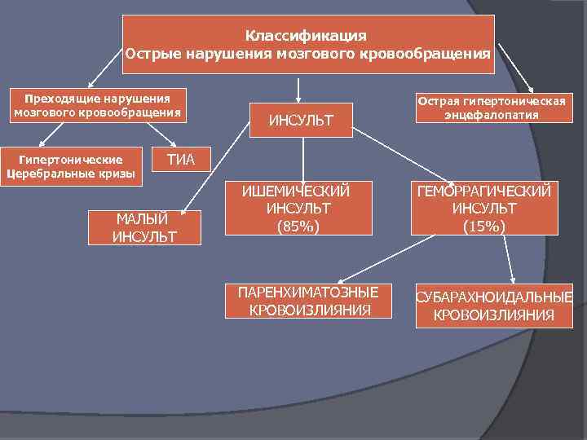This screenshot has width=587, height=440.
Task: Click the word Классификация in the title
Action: pyautogui.click(x=306, y=36)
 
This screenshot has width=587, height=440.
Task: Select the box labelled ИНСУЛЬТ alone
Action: pyautogui.click(x=302, y=121)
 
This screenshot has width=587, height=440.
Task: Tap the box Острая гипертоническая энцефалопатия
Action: pyautogui.click(x=491, y=108)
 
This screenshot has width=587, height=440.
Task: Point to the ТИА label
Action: pyautogui.click(x=181, y=159)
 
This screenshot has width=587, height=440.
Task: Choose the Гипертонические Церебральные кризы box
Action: pyautogui.click(x=71, y=166)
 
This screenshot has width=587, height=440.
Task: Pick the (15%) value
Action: pyautogui.click(x=484, y=226)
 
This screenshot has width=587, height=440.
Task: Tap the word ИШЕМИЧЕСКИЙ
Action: pyautogui.click(x=296, y=191)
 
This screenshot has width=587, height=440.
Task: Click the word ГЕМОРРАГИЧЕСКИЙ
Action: pyautogui.click(x=484, y=191)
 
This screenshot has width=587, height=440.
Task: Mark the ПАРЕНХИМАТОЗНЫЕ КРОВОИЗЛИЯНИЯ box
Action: pyautogui.click(x=308, y=301)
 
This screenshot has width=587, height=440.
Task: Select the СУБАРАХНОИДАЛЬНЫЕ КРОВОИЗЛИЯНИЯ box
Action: pyautogui.click(x=494, y=306)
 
